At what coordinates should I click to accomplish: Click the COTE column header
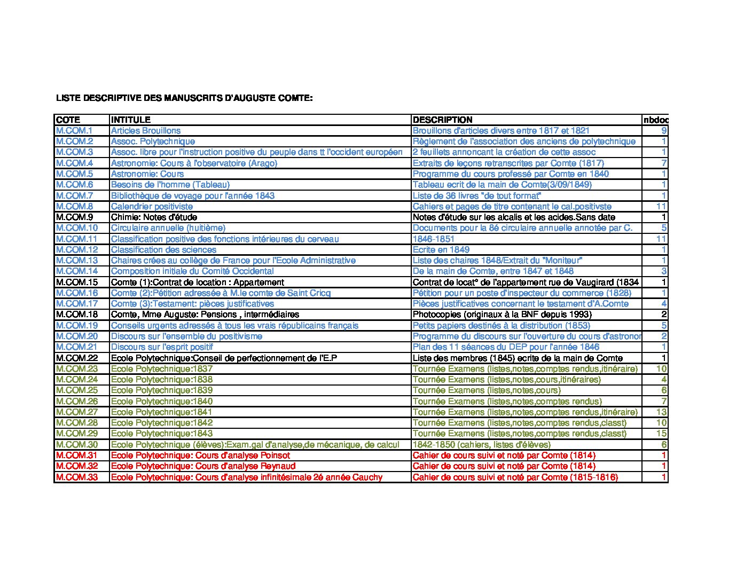[x=68, y=120]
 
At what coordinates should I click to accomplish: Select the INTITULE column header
[x=131, y=120]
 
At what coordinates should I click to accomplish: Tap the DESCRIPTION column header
[x=443, y=120]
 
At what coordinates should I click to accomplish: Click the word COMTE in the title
[x=292, y=98]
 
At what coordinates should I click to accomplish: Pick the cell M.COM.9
[x=74, y=217]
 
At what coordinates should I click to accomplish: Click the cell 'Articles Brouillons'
[x=146, y=130]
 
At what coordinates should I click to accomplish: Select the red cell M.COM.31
[x=77, y=456]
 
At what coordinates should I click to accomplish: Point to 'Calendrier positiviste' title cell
[x=152, y=206]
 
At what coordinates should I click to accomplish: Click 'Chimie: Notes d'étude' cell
[x=154, y=217]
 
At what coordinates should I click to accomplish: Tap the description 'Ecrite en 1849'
[x=441, y=249]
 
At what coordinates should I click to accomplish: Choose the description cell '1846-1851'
[x=434, y=239]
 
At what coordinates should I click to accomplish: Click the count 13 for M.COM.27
[x=662, y=412]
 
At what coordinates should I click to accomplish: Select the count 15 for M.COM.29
[x=662, y=434]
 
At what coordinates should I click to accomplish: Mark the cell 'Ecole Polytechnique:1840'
[x=162, y=401]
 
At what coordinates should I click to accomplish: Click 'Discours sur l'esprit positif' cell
[x=162, y=347]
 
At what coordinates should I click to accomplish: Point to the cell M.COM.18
[x=77, y=315]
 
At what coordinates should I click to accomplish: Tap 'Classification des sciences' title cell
[x=163, y=249]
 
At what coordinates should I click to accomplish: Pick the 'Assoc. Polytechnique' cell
[x=153, y=142]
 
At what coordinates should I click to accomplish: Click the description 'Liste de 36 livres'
[x=477, y=195]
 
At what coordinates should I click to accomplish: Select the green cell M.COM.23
[x=77, y=368]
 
